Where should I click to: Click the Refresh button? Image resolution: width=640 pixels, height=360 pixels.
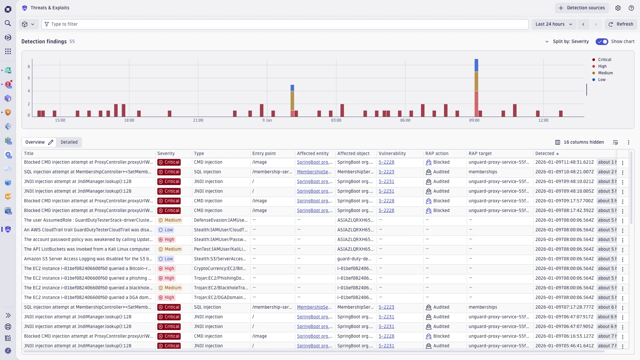point(621,24)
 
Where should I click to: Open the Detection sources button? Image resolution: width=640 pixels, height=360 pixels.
point(582,8)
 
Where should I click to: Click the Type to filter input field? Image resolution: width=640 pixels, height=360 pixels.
point(287,24)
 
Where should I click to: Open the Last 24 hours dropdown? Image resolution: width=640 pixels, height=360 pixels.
point(554,24)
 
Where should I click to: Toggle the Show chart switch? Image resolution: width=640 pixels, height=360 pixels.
point(602,42)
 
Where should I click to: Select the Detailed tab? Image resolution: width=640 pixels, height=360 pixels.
point(69,142)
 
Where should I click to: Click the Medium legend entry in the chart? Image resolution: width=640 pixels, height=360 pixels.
point(605,73)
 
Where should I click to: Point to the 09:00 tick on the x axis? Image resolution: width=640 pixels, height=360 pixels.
point(474,120)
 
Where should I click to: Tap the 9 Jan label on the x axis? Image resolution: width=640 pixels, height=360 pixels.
point(267,120)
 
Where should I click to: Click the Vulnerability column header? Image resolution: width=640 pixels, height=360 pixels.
point(392,154)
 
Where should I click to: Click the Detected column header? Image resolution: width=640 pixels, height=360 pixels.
point(545,154)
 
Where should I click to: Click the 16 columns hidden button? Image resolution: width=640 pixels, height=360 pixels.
point(579,142)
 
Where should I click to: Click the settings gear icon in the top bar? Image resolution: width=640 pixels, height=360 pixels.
point(618,8)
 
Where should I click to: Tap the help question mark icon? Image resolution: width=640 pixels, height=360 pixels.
point(631,8)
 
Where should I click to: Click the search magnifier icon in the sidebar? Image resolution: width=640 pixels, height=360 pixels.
point(8,23)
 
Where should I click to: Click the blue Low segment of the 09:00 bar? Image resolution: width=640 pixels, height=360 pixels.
point(476,65)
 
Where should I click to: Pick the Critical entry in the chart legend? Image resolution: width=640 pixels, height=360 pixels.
point(604,60)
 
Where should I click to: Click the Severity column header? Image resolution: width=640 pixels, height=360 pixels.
point(166,154)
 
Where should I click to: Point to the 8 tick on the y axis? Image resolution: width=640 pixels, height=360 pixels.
point(29,67)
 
